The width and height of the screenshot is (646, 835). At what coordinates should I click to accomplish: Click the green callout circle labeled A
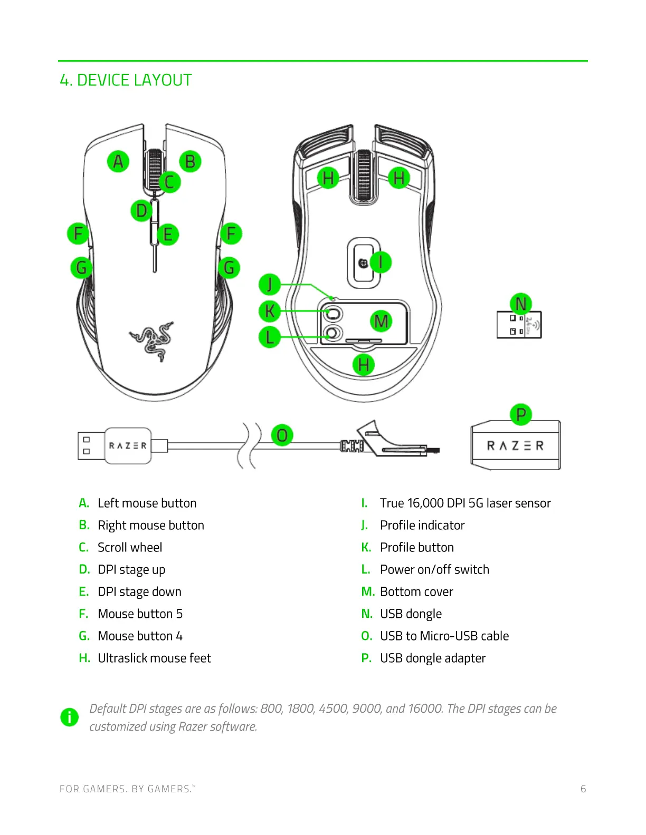pyautogui.click(x=118, y=161)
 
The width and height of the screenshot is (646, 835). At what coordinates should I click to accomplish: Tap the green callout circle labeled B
pyautogui.click(x=191, y=161)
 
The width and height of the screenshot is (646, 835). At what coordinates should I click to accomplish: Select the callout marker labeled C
pyautogui.click(x=169, y=182)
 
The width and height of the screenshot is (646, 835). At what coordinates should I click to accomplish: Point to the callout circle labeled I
pyautogui.click(x=381, y=262)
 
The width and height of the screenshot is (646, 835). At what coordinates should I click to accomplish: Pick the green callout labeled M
pyautogui.click(x=381, y=321)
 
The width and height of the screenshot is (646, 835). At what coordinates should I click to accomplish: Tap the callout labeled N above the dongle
pyautogui.click(x=520, y=304)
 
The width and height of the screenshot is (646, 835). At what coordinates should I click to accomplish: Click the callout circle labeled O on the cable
pyautogui.click(x=282, y=435)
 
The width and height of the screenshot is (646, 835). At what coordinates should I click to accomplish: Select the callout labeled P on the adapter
pyautogui.click(x=521, y=414)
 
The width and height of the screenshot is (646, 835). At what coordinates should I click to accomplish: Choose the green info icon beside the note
pyautogui.click(x=69, y=717)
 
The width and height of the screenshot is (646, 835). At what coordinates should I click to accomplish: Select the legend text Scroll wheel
pyautogui.click(x=130, y=547)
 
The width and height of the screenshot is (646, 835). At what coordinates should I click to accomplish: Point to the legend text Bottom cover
pyautogui.click(x=416, y=591)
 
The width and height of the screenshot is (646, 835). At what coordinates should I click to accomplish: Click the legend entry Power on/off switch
pyautogui.click(x=434, y=569)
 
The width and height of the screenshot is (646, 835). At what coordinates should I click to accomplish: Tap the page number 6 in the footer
pyautogui.click(x=583, y=789)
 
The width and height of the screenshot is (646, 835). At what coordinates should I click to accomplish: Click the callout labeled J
pyautogui.click(x=270, y=285)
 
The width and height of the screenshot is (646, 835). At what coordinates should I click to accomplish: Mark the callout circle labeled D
pyautogui.click(x=141, y=211)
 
